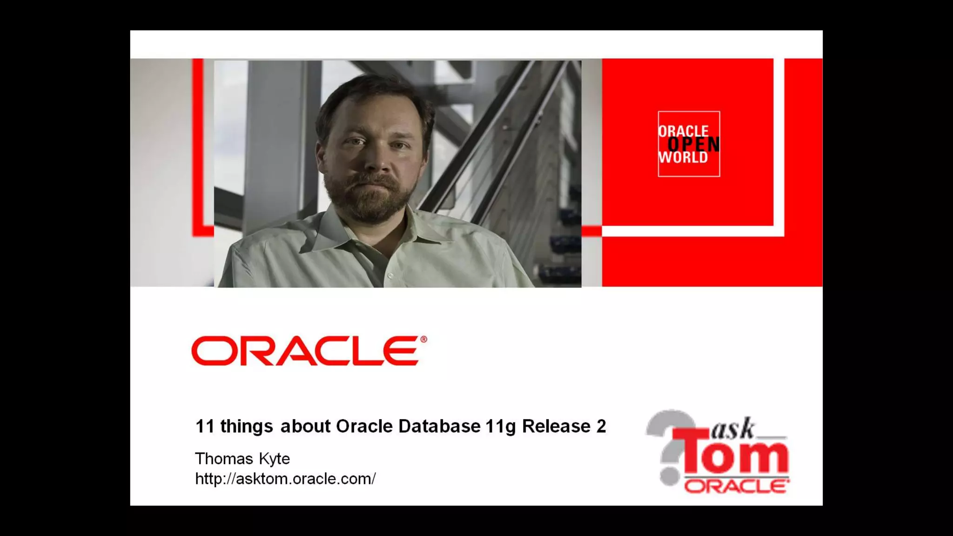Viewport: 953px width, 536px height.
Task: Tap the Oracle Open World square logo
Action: pyautogui.click(x=689, y=144)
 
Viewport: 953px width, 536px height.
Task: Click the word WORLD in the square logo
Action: pyautogui.click(x=683, y=158)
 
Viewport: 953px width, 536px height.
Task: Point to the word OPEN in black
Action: pyautogui.click(x=693, y=145)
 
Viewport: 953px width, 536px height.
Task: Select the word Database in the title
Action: pyautogui.click(x=439, y=426)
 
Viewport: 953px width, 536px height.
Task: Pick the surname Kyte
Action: pyautogui.click(x=275, y=459)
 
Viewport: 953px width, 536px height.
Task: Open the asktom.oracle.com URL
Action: pyautogui.click(x=285, y=479)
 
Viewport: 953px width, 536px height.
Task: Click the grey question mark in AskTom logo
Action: pyautogui.click(x=670, y=447)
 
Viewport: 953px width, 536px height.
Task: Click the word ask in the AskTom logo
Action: pyautogui.click(x=733, y=429)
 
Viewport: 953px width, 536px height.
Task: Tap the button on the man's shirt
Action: pyautogui.click(x=390, y=276)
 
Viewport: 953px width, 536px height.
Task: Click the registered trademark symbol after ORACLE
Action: pyautogui.click(x=423, y=340)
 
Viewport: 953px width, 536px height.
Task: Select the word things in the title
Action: pyautogui.click(x=247, y=427)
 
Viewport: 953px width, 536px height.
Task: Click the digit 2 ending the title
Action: pyautogui.click(x=601, y=426)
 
